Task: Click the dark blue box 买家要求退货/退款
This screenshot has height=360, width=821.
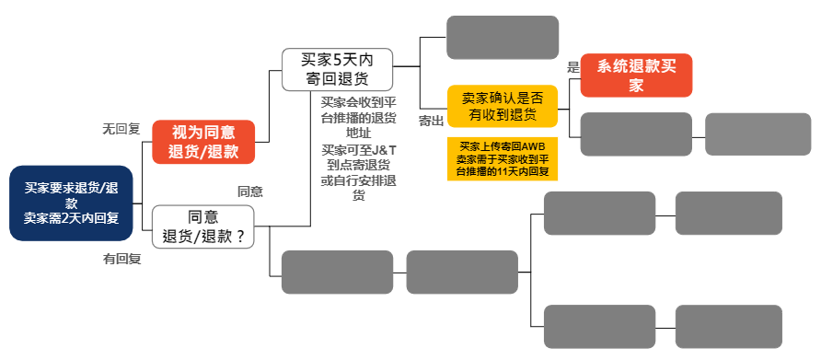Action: [71, 203]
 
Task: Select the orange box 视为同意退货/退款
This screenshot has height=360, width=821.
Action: [203, 142]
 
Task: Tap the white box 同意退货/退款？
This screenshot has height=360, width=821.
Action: [203, 226]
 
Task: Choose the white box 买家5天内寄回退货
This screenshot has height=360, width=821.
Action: [337, 69]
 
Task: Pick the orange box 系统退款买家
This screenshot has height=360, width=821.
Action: [636, 75]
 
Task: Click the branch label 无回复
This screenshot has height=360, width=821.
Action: [120, 130]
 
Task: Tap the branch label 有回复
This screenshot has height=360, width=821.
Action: [121, 260]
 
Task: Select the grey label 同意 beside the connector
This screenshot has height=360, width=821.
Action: [250, 192]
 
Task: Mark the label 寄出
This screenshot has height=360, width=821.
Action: [431, 121]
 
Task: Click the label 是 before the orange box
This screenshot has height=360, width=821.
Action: [572, 67]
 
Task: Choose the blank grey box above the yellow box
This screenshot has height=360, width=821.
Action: [503, 38]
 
